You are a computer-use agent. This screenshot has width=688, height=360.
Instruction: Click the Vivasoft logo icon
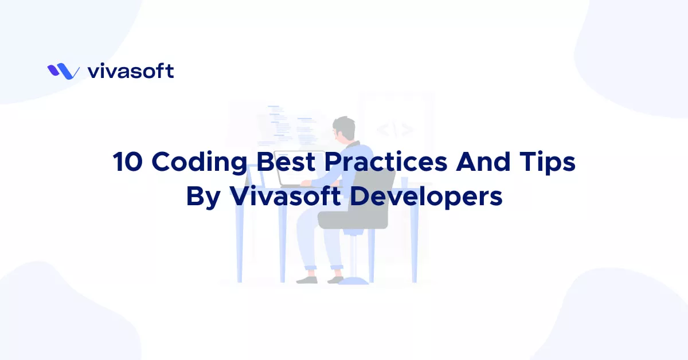(x=63, y=71)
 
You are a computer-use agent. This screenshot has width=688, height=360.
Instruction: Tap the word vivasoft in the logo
(x=131, y=71)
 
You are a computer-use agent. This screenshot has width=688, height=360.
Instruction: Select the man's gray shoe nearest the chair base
(x=334, y=280)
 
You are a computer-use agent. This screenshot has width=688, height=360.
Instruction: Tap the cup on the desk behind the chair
(x=405, y=182)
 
